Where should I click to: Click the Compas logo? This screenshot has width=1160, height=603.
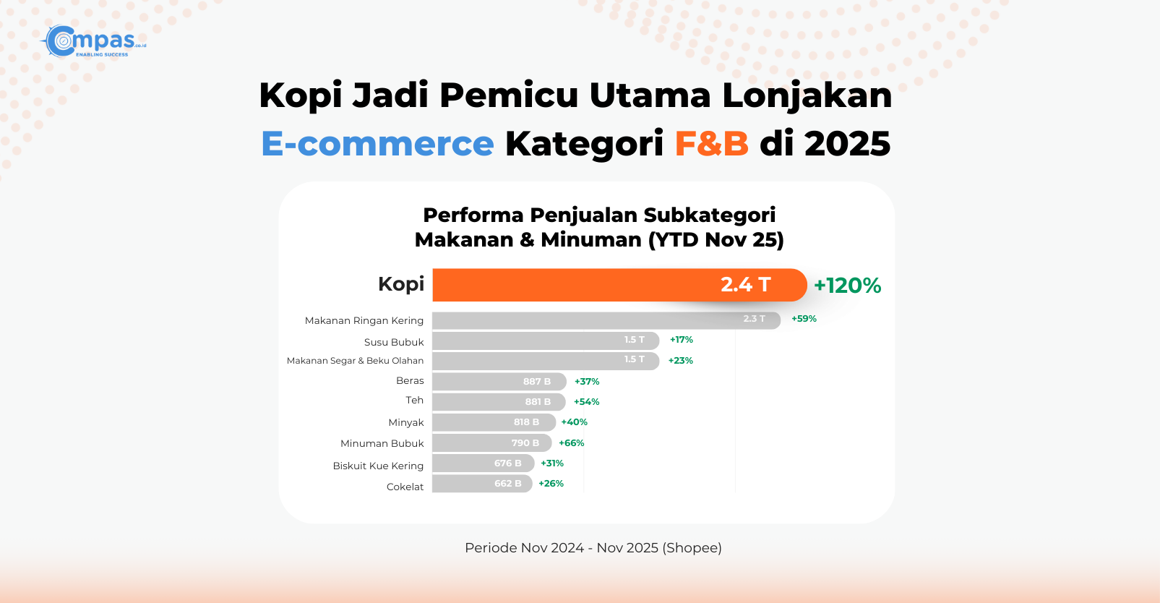click(x=93, y=41)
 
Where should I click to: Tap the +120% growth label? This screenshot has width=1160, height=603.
click(x=847, y=286)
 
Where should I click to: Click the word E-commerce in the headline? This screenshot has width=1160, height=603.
click(x=377, y=143)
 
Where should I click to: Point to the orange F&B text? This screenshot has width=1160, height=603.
click(x=711, y=143)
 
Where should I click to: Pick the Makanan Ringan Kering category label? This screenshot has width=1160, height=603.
click(x=364, y=320)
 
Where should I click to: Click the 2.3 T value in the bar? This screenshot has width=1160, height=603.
click(x=754, y=319)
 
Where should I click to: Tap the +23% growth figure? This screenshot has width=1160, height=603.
click(x=680, y=361)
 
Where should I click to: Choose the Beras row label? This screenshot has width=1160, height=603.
click(x=410, y=380)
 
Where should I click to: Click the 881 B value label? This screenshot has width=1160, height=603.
click(x=538, y=402)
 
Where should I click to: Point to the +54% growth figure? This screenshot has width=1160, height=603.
click(x=586, y=402)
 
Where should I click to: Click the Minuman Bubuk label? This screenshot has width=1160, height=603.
click(x=382, y=443)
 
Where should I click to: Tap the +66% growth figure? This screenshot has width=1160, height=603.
click(x=571, y=443)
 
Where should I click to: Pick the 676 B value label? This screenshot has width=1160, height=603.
click(x=507, y=463)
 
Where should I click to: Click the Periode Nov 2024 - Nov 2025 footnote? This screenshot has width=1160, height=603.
click(x=593, y=548)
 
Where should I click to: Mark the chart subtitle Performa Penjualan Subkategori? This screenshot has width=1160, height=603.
click(x=598, y=215)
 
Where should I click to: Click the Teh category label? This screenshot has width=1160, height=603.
click(x=414, y=400)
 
